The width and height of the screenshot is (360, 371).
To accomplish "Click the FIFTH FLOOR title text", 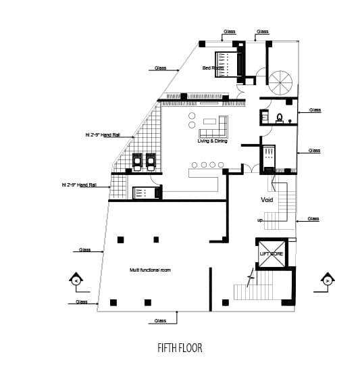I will [179, 349].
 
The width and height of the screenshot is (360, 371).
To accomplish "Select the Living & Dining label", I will [212, 141].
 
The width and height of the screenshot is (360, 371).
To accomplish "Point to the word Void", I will [267, 200].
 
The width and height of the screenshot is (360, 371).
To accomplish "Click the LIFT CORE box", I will [271, 253].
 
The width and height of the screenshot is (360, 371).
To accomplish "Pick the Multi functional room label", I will [150, 270].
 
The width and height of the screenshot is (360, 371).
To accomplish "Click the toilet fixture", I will [279, 118].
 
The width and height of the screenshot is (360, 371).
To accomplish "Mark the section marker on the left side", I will [76, 280].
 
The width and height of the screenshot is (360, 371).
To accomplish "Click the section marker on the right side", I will [328, 280].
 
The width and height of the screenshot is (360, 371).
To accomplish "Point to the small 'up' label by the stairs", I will [260, 220].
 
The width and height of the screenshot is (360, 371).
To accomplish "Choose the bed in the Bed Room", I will [229, 64].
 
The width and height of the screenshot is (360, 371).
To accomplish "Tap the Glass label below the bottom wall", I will [160, 320].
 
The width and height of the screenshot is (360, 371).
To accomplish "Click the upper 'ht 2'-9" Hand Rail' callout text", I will [103, 135].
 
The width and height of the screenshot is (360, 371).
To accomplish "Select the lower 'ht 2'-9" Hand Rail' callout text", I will [79, 184].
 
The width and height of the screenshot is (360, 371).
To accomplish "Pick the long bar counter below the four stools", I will [203, 184].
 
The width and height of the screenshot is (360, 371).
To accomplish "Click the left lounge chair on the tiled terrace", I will [136, 161].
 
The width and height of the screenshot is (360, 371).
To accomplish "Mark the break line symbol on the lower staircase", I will [252, 278].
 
